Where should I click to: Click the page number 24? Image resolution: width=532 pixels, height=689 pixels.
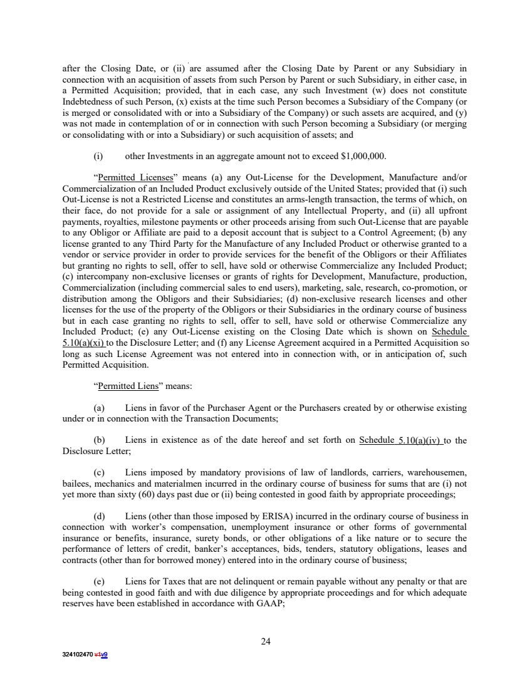click(266, 641)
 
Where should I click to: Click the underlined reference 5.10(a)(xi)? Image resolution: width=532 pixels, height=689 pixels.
click(84, 343)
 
